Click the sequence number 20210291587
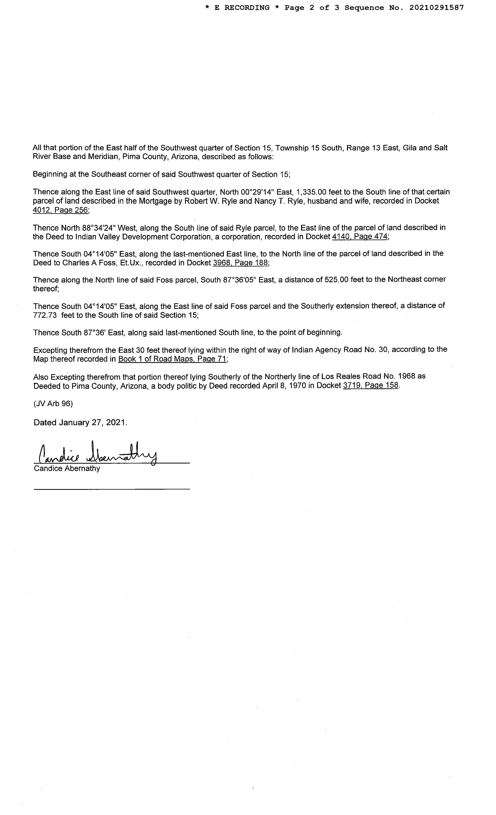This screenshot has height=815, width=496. pyautogui.click(x=437, y=8)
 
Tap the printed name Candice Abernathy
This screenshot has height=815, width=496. pyautogui.click(x=67, y=468)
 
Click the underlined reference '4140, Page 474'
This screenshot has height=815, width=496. pyautogui.click(x=359, y=237)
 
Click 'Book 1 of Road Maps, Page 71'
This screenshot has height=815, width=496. pyautogui.click(x=172, y=359)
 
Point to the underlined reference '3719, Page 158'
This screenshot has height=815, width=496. pyautogui.click(x=371, y=385)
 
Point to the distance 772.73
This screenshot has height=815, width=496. pyautogui.click(x=46, y=315)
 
